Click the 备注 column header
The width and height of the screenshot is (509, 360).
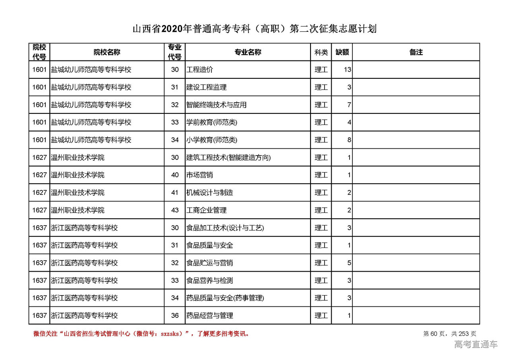[416, 52]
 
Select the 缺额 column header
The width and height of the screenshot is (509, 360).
[342, 52]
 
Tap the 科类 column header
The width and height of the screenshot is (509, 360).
[321, 52]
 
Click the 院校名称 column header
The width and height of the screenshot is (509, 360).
[107, 52]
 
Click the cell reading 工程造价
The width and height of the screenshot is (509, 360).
[200, 70]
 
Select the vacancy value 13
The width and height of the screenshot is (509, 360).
[347, 70]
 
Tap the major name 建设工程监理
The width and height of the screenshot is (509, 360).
[206, 87]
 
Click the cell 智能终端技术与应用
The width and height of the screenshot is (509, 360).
[216, 105]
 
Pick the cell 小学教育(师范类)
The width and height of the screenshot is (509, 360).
[212, 140]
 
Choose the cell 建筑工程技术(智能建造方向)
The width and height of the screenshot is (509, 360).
[228, 158]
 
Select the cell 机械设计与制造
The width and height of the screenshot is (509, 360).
[210, 193]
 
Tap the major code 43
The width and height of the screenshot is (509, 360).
[175, 210]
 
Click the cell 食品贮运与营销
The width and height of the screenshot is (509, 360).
[210, 263]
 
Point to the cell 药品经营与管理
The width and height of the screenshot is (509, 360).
[210, 315]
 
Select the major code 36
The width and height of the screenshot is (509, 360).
[175, 315]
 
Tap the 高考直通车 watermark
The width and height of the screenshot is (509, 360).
[476, 344]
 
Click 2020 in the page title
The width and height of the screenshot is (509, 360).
[172, 29]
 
